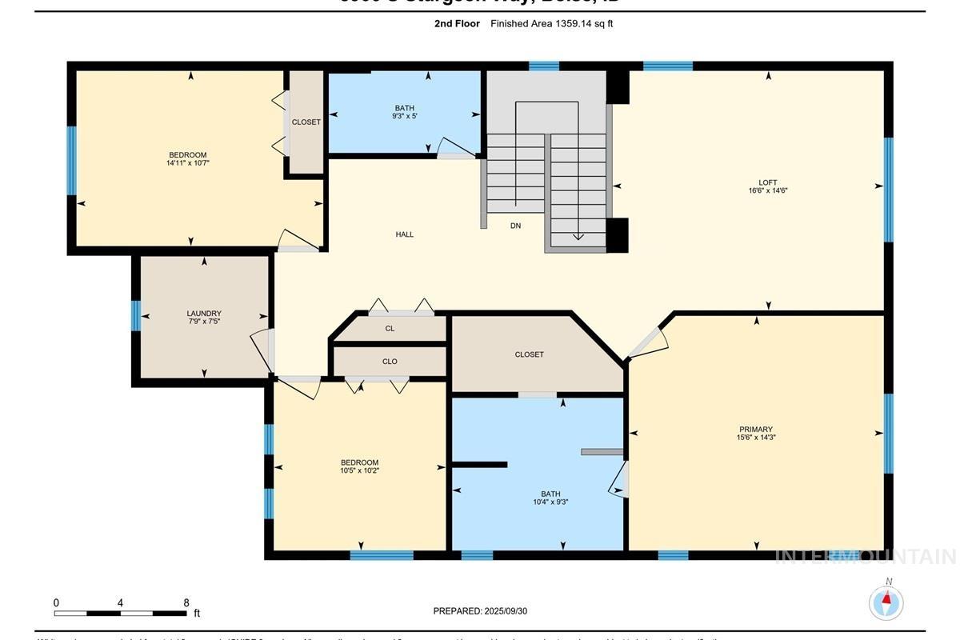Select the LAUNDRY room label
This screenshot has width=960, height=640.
pyautogui.click(x=204, y=314)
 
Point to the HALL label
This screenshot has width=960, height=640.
pyautogui.click(x=405, y=234)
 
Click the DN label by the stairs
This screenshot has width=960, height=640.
pyautogui.click(x=516, y=226)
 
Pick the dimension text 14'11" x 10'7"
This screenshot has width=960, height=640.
pyautogui.click(x=188, y=163)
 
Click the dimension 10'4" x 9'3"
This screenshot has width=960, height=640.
pyautogui.click(x=550, y=502)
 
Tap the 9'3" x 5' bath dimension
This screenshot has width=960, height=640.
pyautogui.click(x=405, y=116)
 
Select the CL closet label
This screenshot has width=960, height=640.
pyautogui.click(x=390, y=329)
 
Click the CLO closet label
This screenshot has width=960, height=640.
pyautogui.click(x=390, y=362)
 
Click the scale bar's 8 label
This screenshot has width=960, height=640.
pyautogui.click(x=186, y=603)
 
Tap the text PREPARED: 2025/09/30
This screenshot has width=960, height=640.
pyautogui.click(x=480, y=611)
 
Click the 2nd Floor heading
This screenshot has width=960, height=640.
pyautogui.click(x=457, y=24)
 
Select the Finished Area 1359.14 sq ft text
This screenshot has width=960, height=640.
pyautogui.click(x=552, y=24)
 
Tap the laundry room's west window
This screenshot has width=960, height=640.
pyautogui.click(x=135, y=315)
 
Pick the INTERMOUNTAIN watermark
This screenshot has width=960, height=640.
pyautogui.click(x=866, y=557)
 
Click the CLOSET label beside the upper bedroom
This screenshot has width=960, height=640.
pyautogui.click(x=306, y=122)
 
